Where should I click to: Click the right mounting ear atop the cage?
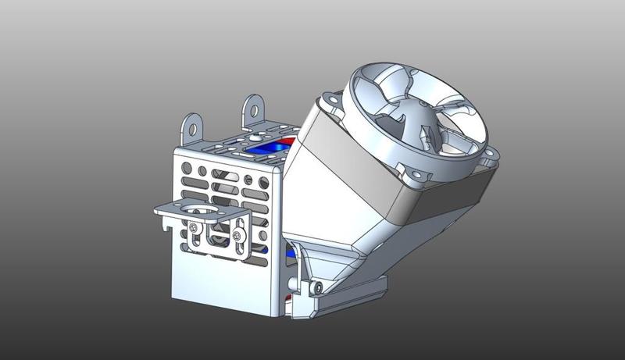tap(253, 106)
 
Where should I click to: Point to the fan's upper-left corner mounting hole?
tap(331, 99)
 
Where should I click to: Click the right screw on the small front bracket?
tap(236, 233)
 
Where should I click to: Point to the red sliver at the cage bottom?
tap(291, 298)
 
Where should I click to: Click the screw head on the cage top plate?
tap(255, 136)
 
